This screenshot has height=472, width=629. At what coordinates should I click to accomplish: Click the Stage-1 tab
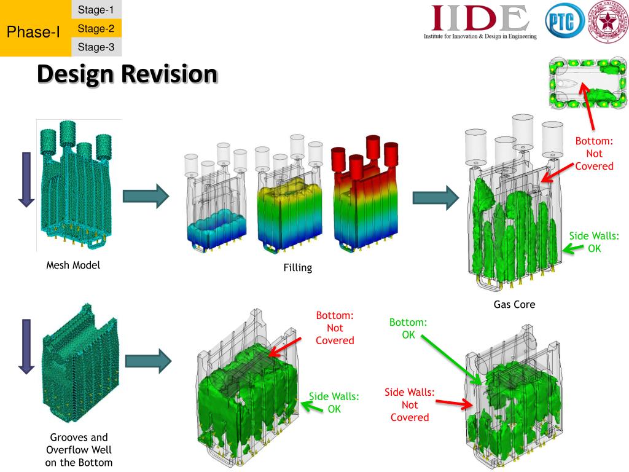96,9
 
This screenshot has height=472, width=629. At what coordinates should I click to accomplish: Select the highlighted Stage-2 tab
96,28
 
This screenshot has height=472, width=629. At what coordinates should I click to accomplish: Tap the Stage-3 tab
96,47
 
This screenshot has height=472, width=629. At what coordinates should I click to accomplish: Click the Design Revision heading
127,74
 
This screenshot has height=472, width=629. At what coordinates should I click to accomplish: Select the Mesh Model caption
73,266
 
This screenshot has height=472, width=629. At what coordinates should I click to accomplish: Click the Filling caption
297,267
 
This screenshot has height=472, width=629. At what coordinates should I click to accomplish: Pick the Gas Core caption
514,304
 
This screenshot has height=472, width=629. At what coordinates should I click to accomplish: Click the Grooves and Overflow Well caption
79,450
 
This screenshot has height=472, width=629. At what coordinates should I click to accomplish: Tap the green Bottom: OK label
408,328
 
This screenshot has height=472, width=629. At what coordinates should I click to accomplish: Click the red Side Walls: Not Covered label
410,404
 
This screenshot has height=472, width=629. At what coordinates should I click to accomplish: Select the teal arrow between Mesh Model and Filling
146,196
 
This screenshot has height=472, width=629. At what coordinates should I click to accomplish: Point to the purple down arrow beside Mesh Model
26,179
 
